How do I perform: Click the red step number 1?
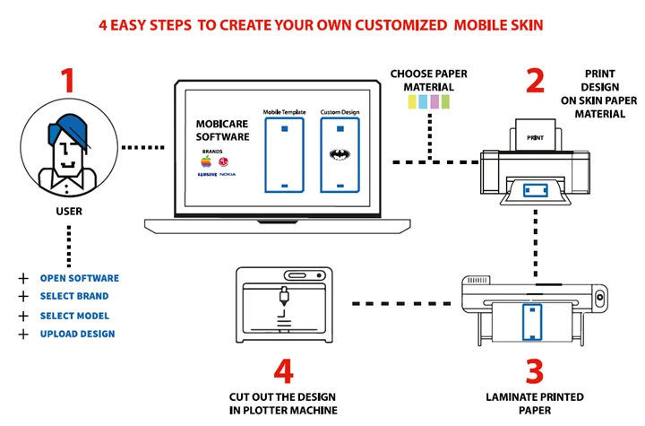tap(66, 81)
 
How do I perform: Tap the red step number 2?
tap(535, 81)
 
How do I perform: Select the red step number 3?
tap(533, 370)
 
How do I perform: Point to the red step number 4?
tap(283, 370)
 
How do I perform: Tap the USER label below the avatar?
tap(69, 212)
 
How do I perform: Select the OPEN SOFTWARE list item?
tap(79, 278)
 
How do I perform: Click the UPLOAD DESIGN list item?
tap(77, 334)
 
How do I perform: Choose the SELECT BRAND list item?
tap(74, 296)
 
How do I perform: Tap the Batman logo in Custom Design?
tap(339, 154)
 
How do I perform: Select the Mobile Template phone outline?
tap(284, 156)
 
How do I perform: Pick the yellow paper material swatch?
tap(412, 103)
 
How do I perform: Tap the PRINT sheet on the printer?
tap(536, 137)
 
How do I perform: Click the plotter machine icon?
tap(284, 304)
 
